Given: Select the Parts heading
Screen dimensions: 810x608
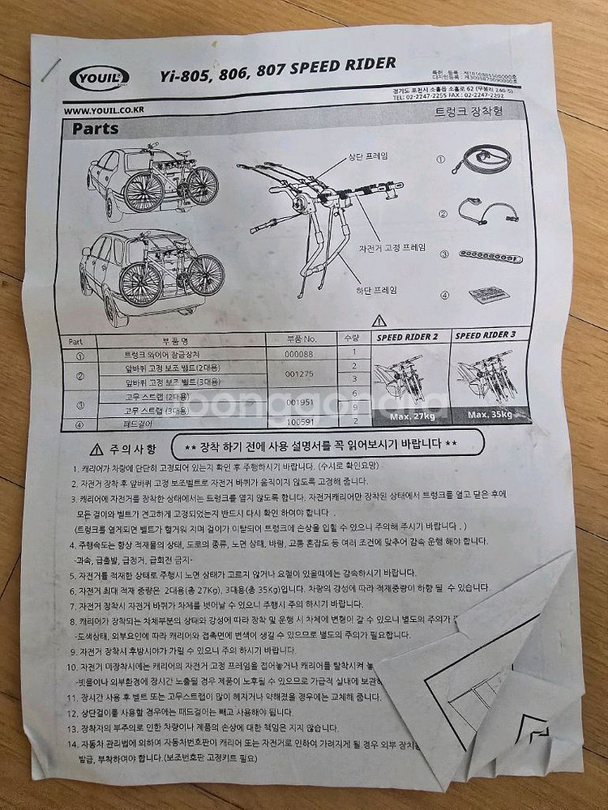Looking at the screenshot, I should [96, 128].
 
